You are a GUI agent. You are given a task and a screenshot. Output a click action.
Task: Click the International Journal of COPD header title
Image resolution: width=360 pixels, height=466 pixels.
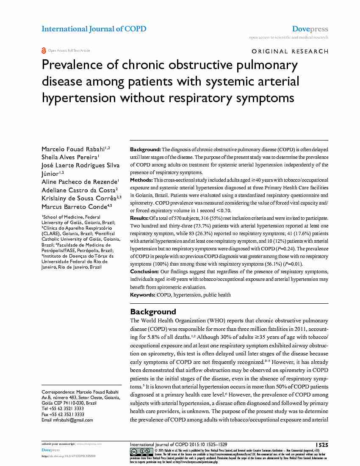click(x=94, y=29)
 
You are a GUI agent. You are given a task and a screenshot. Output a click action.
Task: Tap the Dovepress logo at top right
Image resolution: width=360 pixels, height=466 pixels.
click(x=310, y=29)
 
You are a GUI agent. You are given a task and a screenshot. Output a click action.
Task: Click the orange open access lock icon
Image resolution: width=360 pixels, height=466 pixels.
click(x=44, y=51)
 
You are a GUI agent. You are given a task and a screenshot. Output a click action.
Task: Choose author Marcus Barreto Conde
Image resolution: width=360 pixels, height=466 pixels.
click(x=74, y=206)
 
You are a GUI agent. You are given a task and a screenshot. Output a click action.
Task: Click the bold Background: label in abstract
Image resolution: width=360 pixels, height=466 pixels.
click(x=145, y=150)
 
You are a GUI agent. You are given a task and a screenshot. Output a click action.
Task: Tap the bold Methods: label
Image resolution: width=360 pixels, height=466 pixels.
click(x=141, y=180)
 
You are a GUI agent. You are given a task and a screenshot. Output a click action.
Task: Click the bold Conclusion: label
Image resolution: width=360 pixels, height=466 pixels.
click(x=144, y=272)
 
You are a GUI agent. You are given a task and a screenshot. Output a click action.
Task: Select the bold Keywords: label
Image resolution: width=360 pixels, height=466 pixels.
click(x=143, y=295)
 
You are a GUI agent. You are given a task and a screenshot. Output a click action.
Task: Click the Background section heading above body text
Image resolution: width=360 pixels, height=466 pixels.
click(x=153, y=312)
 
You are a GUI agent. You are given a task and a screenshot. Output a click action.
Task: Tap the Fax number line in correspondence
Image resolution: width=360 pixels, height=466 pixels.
click(x=63, y=414)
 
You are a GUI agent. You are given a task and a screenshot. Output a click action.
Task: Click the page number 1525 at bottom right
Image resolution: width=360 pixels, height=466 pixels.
click(x=322, y=445)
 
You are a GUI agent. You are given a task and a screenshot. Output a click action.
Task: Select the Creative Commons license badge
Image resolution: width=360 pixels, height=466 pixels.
click(x=142, y=451)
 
